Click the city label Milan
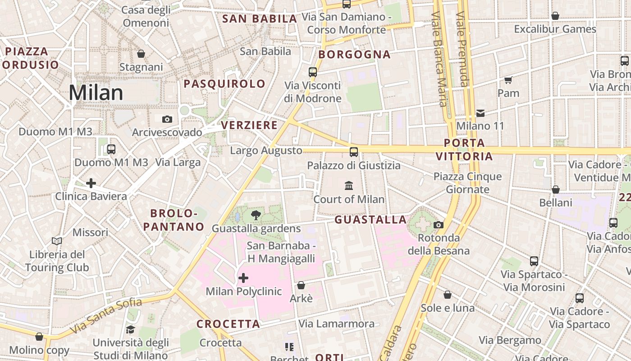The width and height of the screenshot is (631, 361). pos(96,93)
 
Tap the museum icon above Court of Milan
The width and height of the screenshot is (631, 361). pos(349,185)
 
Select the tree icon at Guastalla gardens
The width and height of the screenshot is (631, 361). pos(256,215)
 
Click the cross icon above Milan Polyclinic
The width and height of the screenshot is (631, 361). pos(243,278)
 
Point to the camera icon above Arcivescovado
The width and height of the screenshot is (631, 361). pos(167,119)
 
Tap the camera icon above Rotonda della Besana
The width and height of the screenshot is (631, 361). pos(438,225)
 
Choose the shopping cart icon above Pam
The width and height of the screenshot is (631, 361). pos(508,80)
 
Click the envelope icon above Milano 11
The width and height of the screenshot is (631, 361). pos(480,113)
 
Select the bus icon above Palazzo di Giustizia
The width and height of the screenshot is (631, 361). pos(354,152)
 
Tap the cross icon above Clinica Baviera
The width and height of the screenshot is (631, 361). pos(91,183)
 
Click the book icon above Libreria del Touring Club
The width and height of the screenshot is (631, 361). pos(57,241)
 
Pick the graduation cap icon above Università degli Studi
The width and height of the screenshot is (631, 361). pos(130,329)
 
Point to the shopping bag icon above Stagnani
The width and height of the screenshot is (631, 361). pos(141,54)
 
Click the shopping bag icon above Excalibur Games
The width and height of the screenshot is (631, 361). pos(555,16)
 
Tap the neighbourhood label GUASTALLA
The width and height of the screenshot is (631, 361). pos(370,220)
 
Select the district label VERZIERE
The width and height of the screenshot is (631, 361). pos(249,125)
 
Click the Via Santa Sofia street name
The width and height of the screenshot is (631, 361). pos(106,316)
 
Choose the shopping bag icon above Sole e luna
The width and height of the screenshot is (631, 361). pos(448,295)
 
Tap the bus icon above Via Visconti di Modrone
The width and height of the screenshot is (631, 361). pos(313,72)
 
